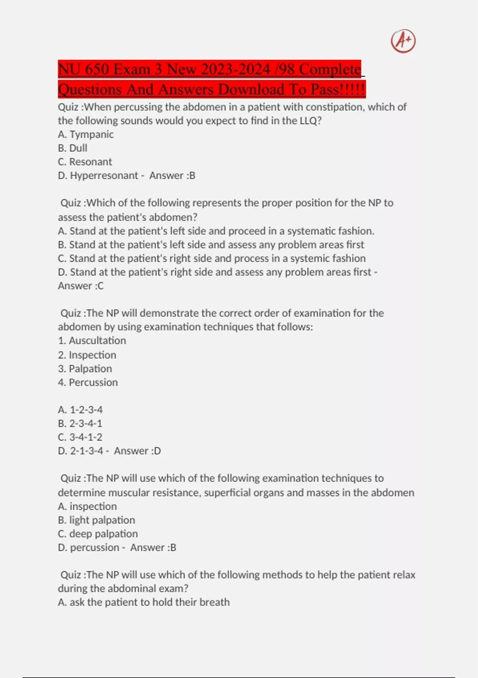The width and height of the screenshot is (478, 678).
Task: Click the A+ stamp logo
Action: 403,41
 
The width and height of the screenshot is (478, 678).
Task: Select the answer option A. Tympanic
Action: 86,134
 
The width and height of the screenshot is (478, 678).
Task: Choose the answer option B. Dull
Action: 72,148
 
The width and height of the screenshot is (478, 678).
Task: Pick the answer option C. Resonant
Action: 85,162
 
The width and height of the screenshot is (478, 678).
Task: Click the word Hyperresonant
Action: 104,175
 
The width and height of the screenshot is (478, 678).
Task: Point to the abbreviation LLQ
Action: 309,120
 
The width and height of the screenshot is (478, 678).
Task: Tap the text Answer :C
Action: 81,286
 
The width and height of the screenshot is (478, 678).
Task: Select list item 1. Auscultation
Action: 92,340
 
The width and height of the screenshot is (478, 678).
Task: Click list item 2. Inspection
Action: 87,355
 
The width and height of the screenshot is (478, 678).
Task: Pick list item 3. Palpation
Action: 85,369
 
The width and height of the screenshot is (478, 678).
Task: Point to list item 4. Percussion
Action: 88,382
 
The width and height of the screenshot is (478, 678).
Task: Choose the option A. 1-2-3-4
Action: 80,410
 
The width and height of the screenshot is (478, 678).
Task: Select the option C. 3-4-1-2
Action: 80,437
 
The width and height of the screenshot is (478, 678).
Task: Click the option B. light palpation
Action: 96,520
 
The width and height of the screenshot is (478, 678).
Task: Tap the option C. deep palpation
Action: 98,534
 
